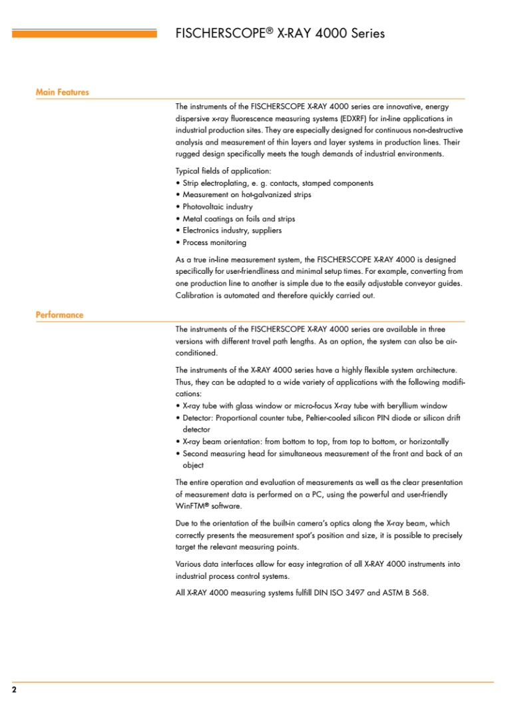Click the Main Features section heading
62,93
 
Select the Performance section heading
59,315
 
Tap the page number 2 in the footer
14,690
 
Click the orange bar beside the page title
84,33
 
